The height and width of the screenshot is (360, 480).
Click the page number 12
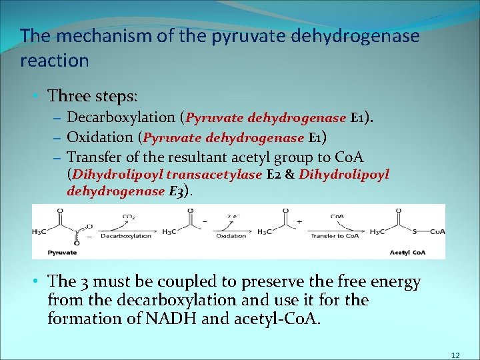[x=455, y=355]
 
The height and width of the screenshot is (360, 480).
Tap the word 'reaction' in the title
[x=55, y=61]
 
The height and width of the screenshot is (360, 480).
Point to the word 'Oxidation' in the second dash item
[x=100, y=138]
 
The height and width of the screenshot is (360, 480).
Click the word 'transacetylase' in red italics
[x=214, y=175]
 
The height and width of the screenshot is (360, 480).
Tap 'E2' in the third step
[x=273, y=175]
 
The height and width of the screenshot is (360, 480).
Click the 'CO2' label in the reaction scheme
[x=128, y=216]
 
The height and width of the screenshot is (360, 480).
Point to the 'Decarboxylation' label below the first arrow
[x=125, y=235]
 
